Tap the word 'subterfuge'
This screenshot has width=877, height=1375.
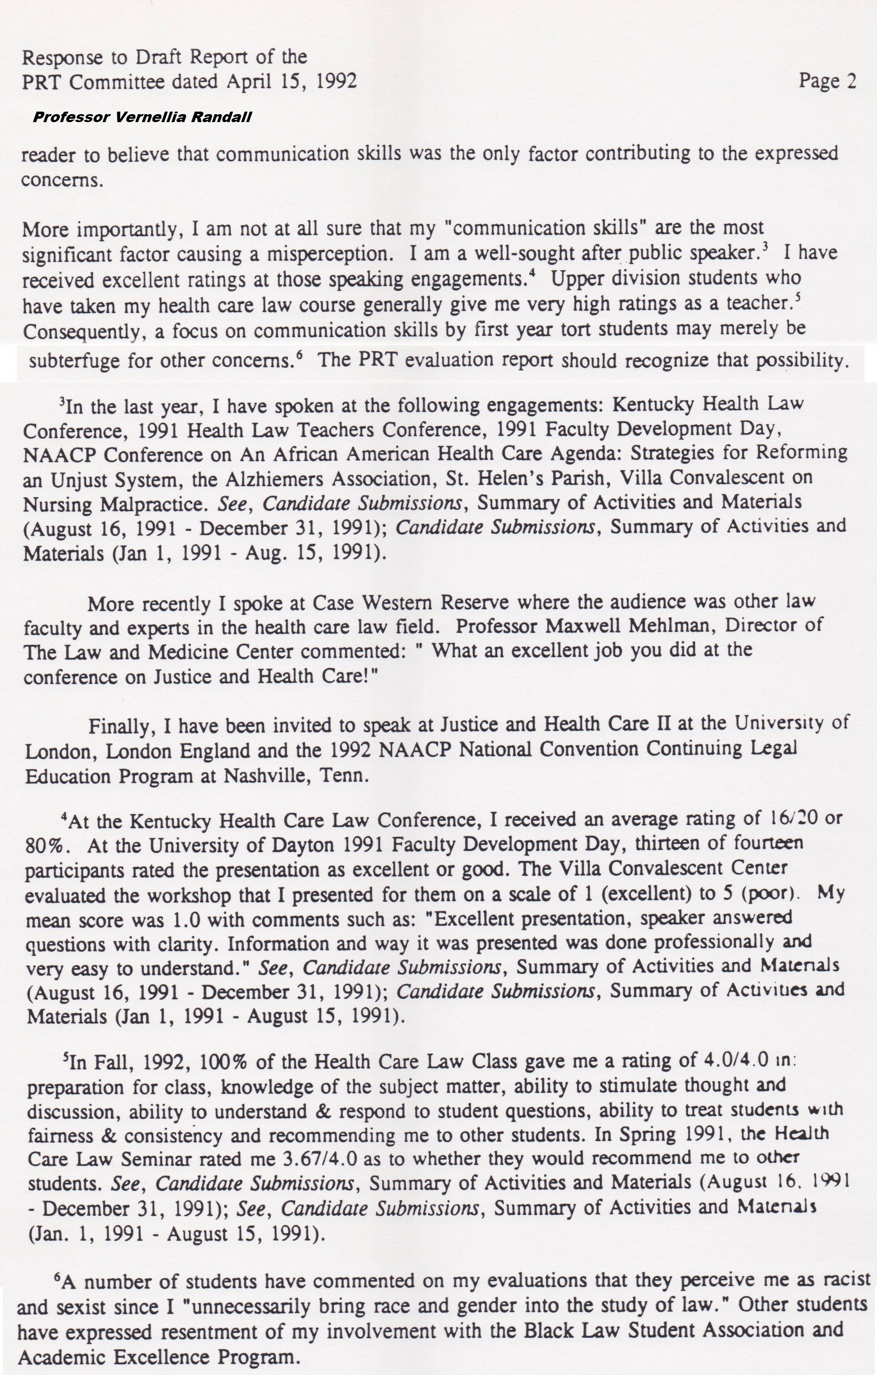(74, 361)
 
